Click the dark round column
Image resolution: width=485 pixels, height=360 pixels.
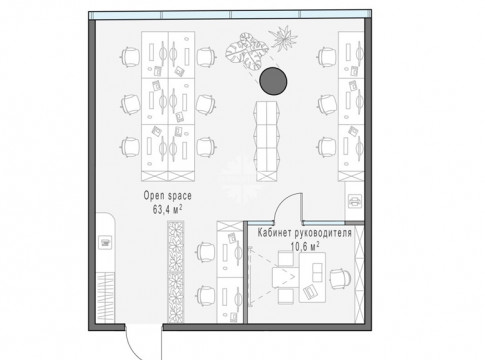tap(273, 81)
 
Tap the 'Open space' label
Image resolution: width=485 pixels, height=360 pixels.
tap(168, 196)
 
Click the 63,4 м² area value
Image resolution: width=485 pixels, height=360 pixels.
tap(168, 209)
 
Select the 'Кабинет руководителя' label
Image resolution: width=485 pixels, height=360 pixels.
tap(304, 233)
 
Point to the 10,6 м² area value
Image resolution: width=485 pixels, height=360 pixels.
tap(305, 247)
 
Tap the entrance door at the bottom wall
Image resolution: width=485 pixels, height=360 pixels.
tap(143, 343)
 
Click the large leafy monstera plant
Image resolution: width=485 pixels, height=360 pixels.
tap(247, 51)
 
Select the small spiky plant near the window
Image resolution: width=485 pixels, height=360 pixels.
tap(283, 38)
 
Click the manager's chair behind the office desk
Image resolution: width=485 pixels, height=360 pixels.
tap(340, 278)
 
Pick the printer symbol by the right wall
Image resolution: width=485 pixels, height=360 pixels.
tap(354, 201)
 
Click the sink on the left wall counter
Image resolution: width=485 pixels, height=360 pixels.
tap(106, 243)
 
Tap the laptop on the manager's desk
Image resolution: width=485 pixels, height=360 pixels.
tap(310, 292)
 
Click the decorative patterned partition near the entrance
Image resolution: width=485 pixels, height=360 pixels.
tap(175, 272)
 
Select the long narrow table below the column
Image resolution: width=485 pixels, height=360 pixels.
tap(267, 141)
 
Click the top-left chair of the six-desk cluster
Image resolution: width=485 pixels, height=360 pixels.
tap(130, 57)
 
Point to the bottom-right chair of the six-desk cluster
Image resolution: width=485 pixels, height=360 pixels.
tap(206, 147)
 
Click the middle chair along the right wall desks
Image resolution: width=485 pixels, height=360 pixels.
tap(327, 104)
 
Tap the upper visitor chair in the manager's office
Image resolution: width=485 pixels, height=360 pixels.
tap(286, 259)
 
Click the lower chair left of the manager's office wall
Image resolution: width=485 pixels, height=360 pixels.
tap(206, 295)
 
